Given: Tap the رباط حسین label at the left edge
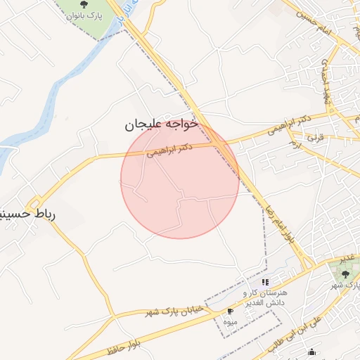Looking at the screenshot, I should click(28, 212).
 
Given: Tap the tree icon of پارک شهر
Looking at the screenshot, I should click(345, 273).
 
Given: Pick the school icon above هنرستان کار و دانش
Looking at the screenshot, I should click(265, 282).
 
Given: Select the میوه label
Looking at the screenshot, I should click(229, 321).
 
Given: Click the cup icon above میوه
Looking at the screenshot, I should click(230, 310).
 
